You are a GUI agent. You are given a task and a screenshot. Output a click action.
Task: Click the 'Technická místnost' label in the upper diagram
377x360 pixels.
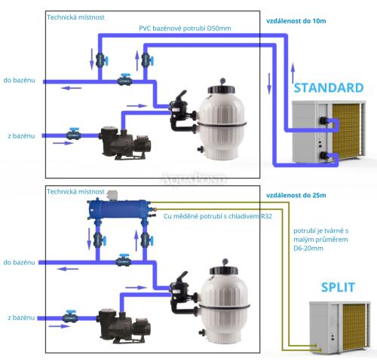coord(76,17)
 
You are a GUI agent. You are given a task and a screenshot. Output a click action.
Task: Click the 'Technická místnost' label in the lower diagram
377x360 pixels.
coord(76,192)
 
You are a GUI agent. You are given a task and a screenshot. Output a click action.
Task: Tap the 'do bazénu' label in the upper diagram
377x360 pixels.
coord(18,78)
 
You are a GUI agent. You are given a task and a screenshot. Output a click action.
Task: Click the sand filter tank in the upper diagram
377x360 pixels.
coord(224,117)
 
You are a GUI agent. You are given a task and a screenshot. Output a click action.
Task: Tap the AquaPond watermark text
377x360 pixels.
coord(188,178)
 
